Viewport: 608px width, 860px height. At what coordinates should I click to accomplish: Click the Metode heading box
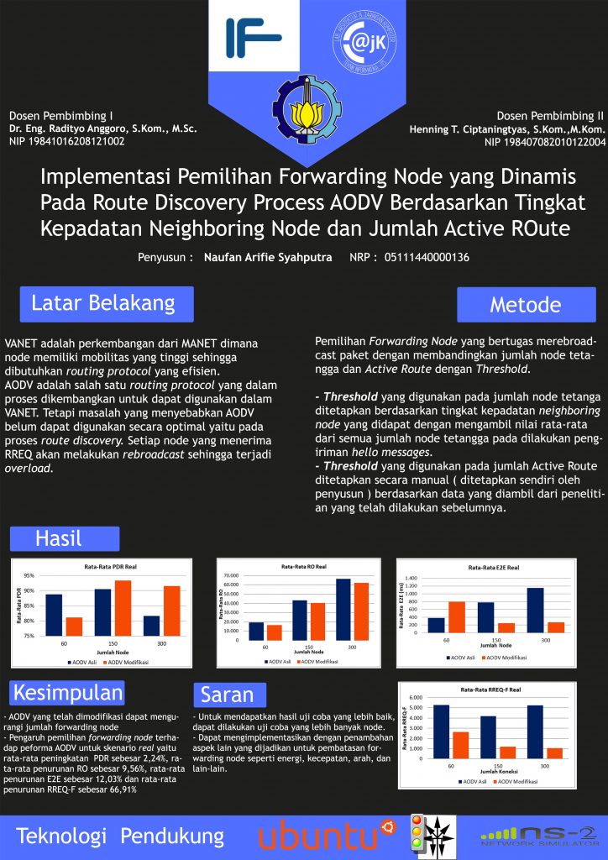[526, 304]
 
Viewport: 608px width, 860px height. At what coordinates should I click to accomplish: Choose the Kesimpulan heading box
[67, 693]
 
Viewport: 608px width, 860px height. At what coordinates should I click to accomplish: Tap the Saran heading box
[228, 695]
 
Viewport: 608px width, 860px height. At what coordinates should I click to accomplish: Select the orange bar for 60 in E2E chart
[456, 616]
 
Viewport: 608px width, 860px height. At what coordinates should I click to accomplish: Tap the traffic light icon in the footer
[414, 836]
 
